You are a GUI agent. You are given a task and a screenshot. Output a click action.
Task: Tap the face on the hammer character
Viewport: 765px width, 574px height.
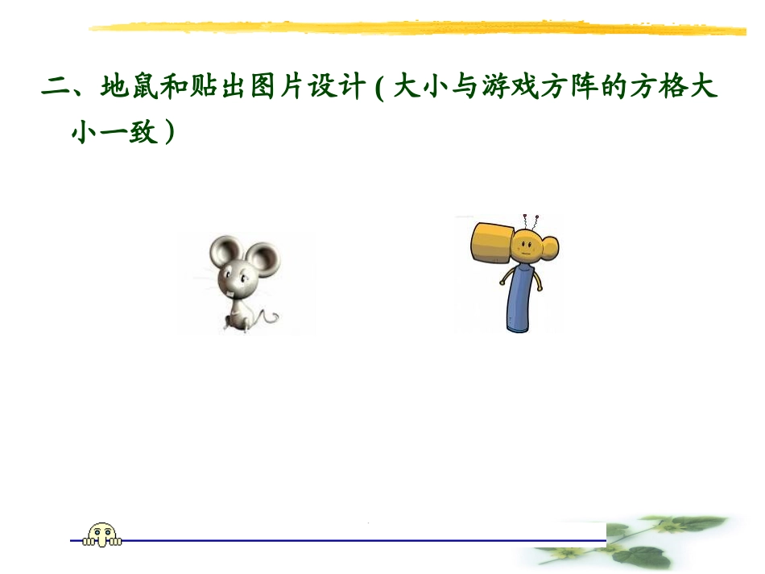[x=527, y=246]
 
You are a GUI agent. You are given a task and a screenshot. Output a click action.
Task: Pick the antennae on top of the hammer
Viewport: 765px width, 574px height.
[x=531, y=218]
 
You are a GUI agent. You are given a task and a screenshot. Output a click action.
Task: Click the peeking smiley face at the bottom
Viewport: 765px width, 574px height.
[x=101, y=534]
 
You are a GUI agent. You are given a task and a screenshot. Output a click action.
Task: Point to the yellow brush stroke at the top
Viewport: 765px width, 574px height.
[x=419, y=30]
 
